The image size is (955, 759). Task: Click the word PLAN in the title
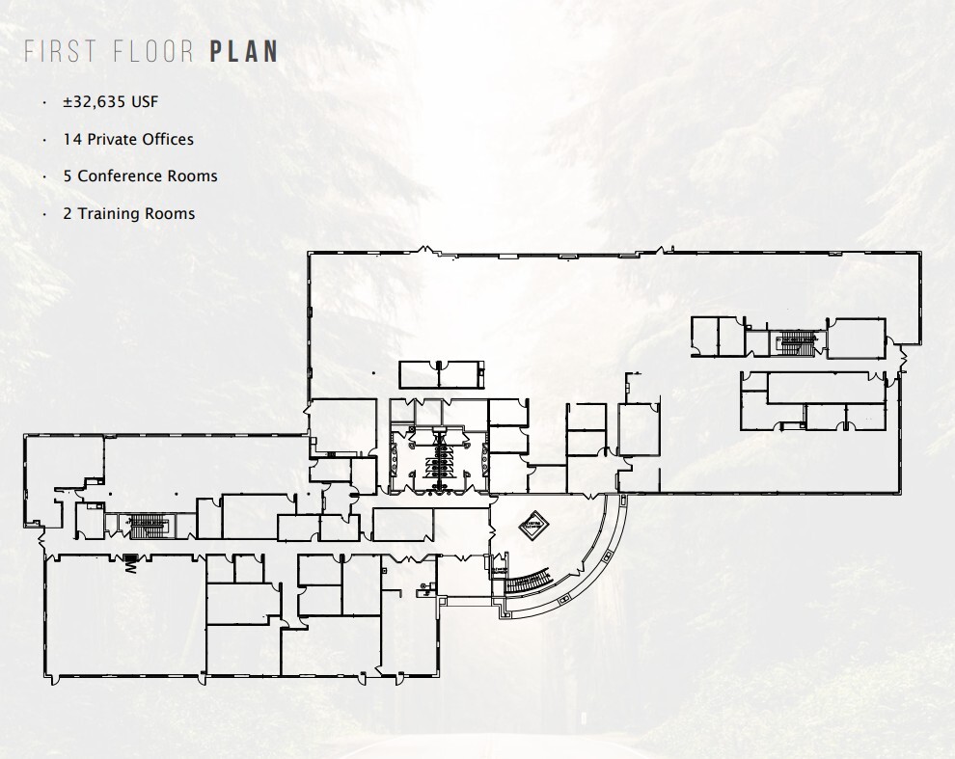(x=244, y=52)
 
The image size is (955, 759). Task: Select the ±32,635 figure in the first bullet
(x=91, y=102)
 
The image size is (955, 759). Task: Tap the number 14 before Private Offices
(x=71, y=139)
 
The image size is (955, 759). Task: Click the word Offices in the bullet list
(x=169, y=139)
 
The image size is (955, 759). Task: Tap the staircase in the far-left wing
(x=147, y=525)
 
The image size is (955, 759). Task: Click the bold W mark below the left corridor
(x=128, y=564)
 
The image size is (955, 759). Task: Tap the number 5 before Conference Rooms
(x=68, y=176)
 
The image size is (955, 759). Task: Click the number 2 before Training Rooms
(x=68, y=213)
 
